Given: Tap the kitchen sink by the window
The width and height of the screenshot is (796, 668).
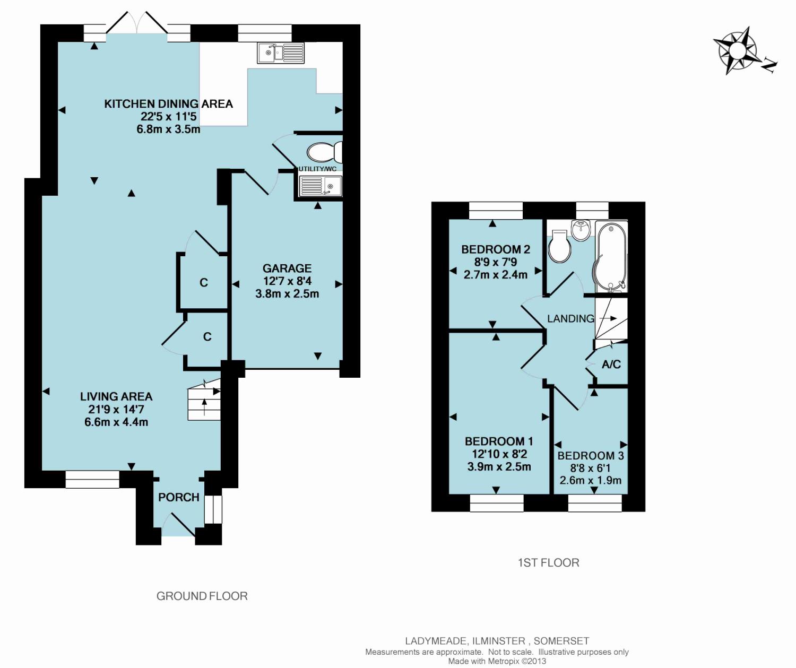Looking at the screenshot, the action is click(281, 53).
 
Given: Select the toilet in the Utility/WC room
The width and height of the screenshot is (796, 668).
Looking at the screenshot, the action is click(324, 152).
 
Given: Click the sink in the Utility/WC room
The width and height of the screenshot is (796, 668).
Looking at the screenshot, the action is click(321, 186).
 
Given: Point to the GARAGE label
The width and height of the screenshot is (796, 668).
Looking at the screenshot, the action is click(287, 268).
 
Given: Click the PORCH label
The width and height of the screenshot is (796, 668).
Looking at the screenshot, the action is click(179, 497).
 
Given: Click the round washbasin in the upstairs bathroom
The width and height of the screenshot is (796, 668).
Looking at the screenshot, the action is click(581, 231).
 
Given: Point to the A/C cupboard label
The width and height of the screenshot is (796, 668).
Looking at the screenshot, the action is click(611, 365).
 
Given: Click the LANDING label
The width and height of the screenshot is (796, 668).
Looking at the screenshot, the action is click(570, 318).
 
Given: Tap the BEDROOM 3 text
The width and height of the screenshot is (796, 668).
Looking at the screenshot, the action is click(591, 456).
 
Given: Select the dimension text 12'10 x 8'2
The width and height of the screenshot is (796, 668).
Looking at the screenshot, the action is click(499, 454).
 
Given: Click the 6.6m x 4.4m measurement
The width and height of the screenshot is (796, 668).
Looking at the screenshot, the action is click(116, 422).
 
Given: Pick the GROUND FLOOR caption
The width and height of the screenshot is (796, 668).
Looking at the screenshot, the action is click(202, 596).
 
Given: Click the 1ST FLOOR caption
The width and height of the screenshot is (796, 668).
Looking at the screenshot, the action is click(549, 563).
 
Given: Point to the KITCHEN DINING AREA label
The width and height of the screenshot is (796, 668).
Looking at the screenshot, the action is click(169, 103).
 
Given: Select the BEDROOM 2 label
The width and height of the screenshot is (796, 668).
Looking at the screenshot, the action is click(496, 249).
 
